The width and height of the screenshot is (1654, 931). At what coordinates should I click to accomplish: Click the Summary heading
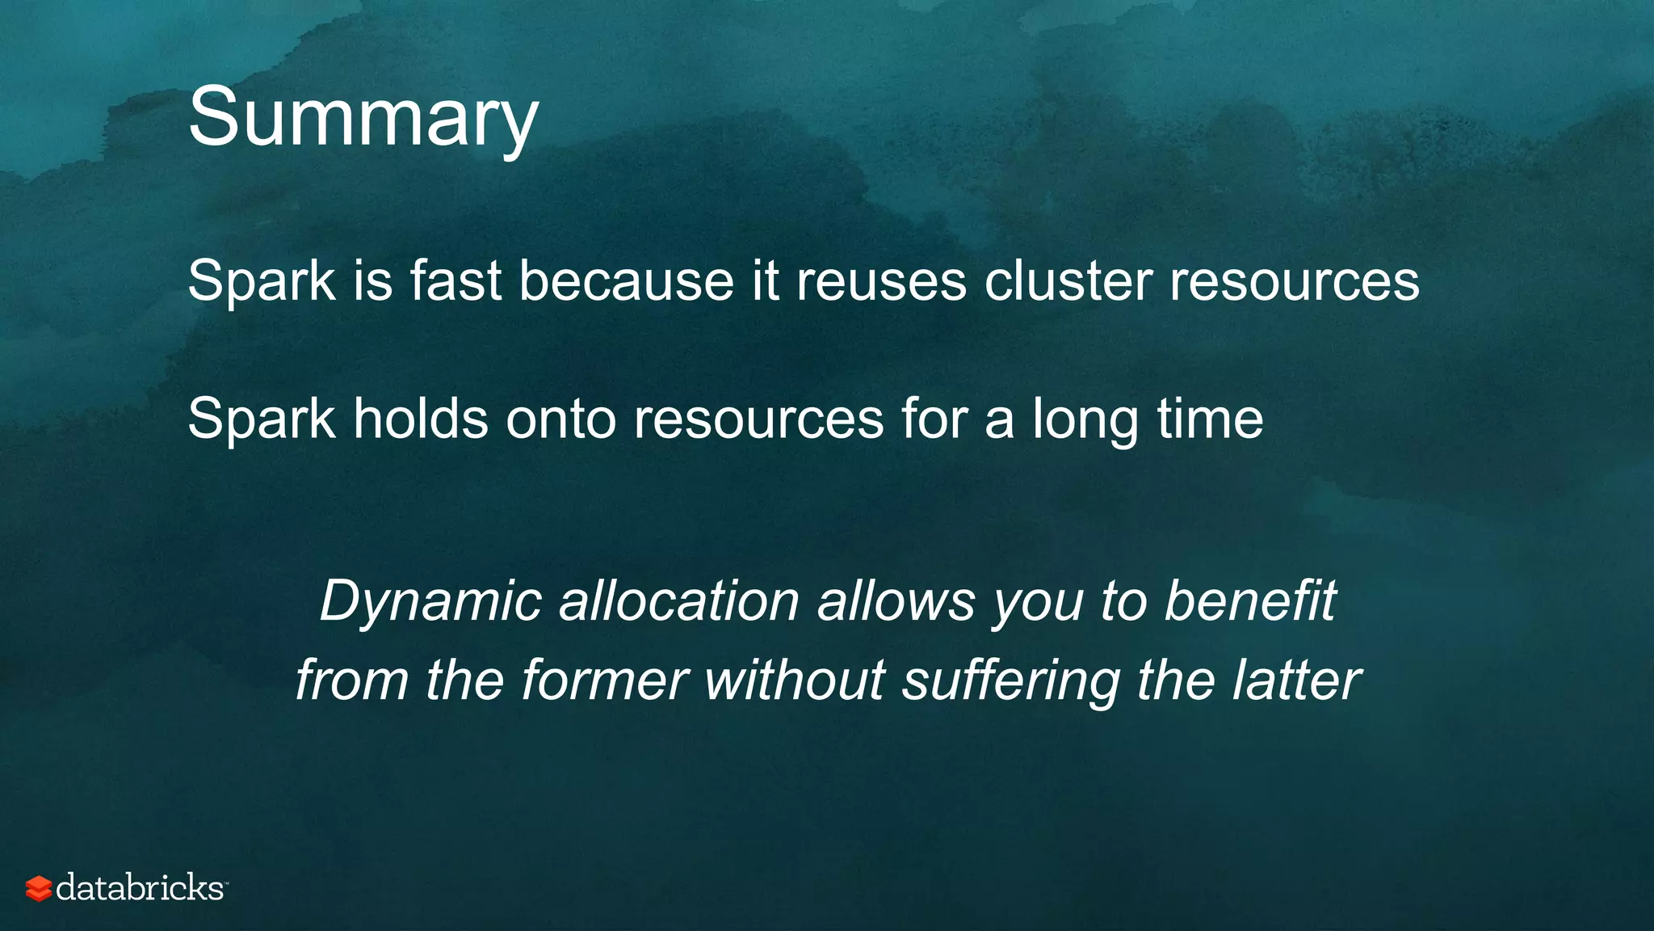tap(363, 118)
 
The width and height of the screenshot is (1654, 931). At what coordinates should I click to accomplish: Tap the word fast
tap(455, 280)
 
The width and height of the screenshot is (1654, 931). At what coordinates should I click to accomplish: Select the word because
tap(626, 280)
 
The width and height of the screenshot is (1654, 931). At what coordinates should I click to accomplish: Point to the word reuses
tap(881, 280)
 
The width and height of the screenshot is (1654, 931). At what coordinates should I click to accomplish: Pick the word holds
tap(421, 419)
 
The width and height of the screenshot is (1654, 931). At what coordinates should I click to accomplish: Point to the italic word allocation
tap(679, 601)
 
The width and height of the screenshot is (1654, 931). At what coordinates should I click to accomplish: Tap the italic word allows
tap(896, 601)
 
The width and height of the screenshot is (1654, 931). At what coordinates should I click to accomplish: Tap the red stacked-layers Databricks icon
tap(39, 888)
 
